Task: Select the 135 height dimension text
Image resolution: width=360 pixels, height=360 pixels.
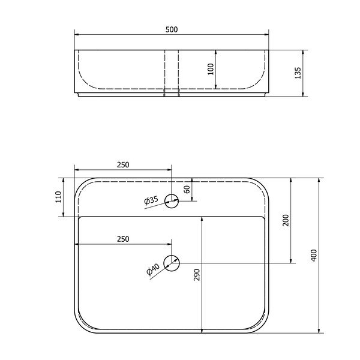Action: coord(298,73)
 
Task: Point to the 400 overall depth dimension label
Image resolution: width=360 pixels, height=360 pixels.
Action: coord(313,254)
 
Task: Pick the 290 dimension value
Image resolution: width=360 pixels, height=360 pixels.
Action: coord(197,275)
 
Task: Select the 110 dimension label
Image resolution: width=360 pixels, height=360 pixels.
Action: coord(58,197)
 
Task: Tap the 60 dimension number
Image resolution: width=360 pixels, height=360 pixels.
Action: coord(187,189)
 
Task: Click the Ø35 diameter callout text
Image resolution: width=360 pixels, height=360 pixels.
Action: coord(151,201)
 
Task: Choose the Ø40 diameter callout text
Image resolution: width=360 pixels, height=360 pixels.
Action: coord(153,270)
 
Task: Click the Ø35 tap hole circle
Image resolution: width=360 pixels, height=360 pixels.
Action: coord(172,201)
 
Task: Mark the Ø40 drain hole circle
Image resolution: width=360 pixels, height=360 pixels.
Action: coord(172,262)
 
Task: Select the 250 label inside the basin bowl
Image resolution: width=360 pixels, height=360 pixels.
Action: coord(122,239)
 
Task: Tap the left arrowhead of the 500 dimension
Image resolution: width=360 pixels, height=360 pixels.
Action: coord(77,34)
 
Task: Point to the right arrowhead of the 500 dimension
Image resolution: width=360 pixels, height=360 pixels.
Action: coord(266,34)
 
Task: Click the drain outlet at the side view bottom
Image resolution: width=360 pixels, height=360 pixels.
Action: coord(172,94)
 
